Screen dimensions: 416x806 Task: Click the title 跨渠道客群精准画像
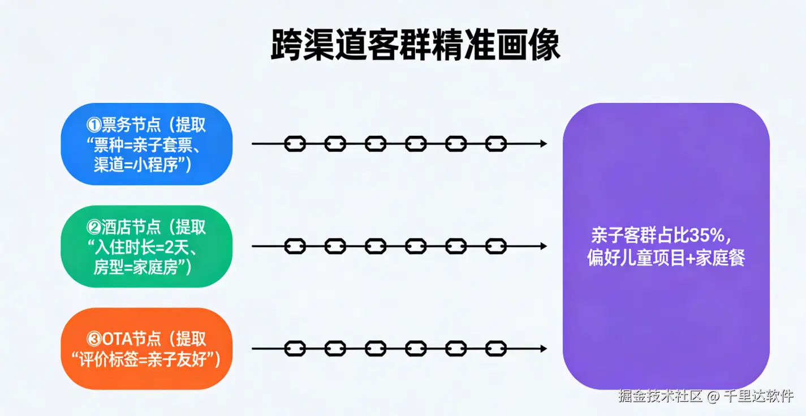(416, 45)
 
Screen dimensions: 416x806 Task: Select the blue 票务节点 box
(146, 144)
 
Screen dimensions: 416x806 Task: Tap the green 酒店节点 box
(146, 246)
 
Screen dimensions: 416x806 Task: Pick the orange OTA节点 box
(146, 349)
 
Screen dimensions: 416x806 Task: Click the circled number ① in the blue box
(93, 125)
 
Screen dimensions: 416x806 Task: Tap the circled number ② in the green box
(93, 228)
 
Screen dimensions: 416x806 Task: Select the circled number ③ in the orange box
(94, 339)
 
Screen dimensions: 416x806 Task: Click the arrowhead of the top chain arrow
(544, 144)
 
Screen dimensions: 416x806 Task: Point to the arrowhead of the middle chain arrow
(544, 246)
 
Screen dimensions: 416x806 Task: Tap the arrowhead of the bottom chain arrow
(544, 348)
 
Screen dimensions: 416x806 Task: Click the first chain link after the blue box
(295, 144)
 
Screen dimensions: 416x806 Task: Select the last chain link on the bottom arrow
(496, 348)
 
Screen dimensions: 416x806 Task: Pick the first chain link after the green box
(295, 246)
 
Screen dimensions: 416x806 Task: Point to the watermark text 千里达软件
(758, 396)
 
